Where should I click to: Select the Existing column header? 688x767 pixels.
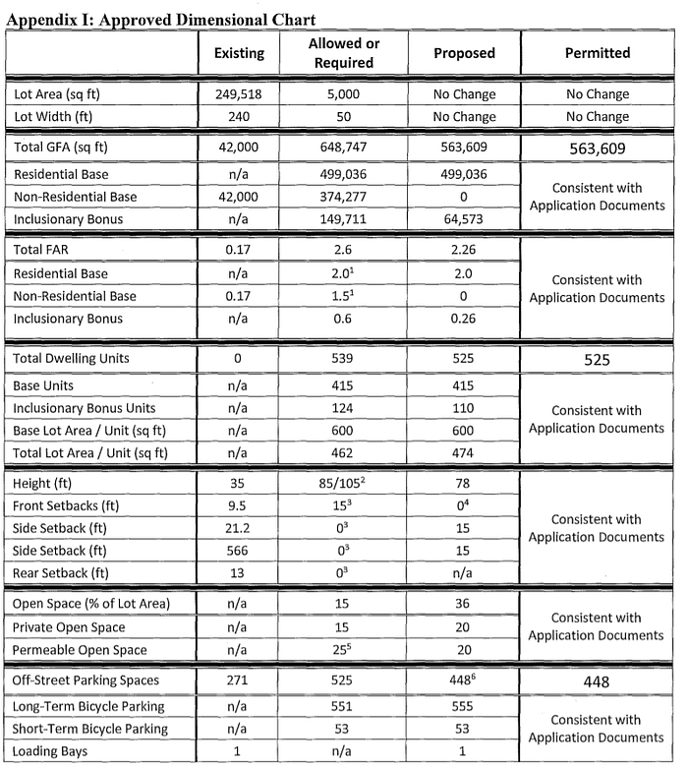point(239,53)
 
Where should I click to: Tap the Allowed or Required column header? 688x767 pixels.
point(344,53)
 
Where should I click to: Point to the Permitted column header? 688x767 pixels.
point(598,53)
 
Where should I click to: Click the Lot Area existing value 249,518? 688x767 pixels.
point(239,95)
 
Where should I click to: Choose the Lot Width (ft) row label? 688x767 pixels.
point(56,117)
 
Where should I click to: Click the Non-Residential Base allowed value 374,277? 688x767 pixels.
point(344,197)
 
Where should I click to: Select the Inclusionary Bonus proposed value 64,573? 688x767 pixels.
point(464,218)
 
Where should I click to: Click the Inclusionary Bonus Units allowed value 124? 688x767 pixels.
point(344,408)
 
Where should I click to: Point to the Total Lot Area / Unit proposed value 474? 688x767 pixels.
point(464,453)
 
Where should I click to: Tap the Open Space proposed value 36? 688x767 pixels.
point(464,605)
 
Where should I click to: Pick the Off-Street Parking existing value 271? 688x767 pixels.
point(239,681)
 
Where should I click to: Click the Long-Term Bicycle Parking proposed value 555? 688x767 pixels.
point(464,708)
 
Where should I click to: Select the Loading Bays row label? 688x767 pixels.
point(51,750)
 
